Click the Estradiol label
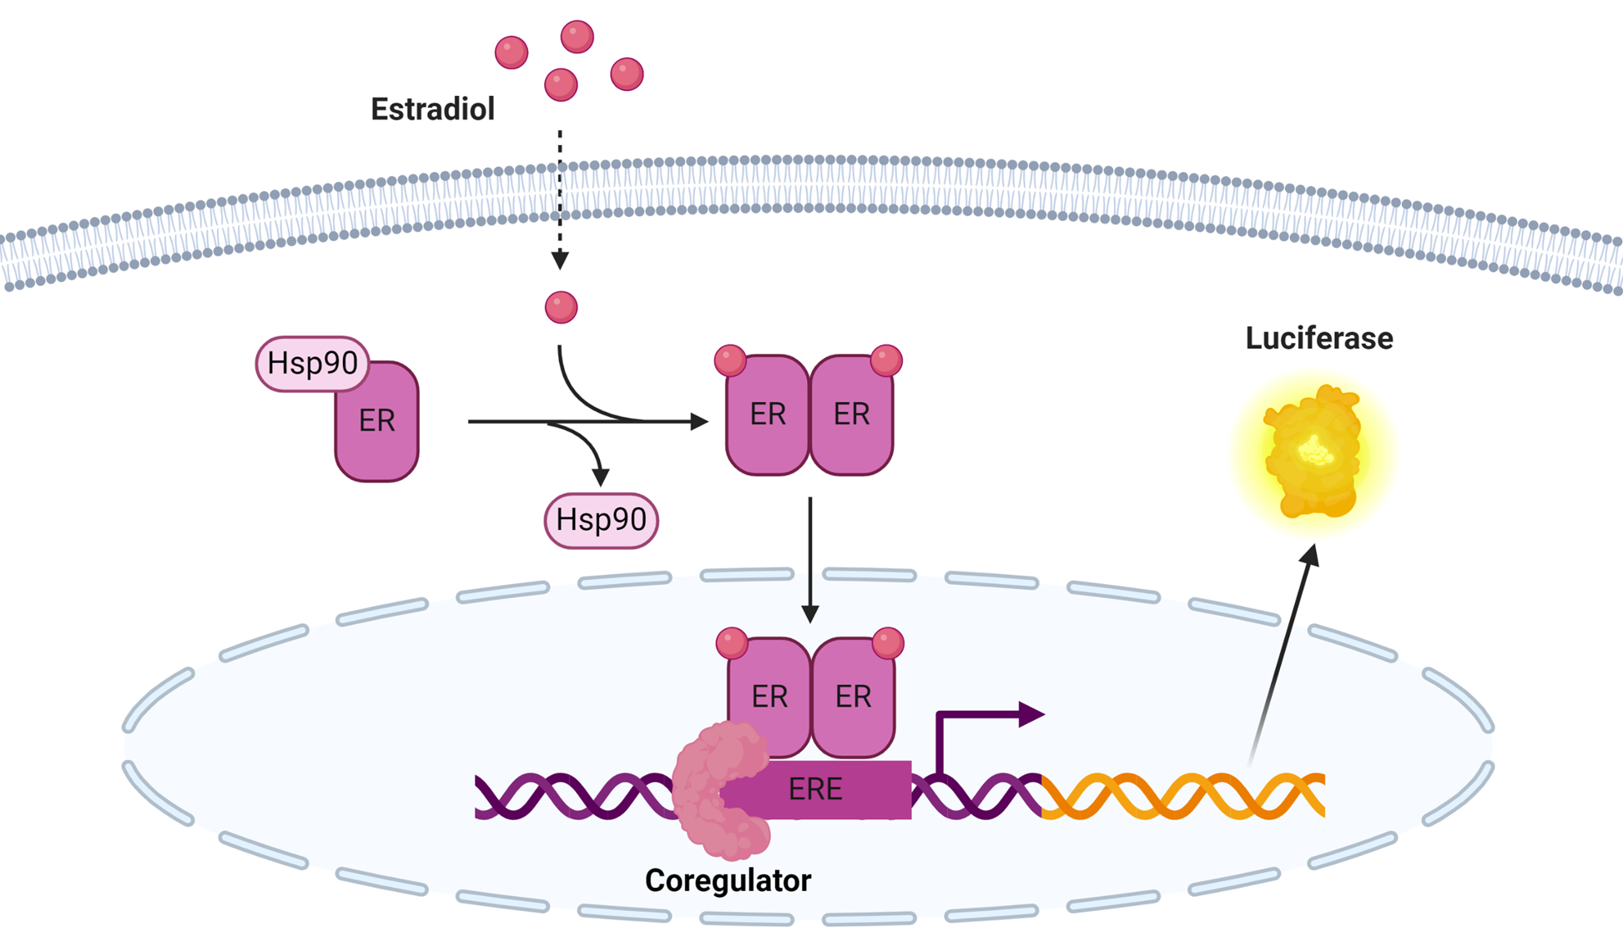(432, 109)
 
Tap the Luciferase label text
(1318, 338)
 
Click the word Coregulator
(728, 880)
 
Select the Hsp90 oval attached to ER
(312, 364)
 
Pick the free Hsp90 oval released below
(601, 520)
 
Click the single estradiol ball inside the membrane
(561, 307)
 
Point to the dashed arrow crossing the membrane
(560, 200)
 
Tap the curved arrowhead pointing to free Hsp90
(600, 476)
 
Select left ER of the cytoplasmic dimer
(768, 416)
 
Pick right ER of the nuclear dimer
(854, 698)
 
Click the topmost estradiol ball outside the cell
(577, 37)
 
